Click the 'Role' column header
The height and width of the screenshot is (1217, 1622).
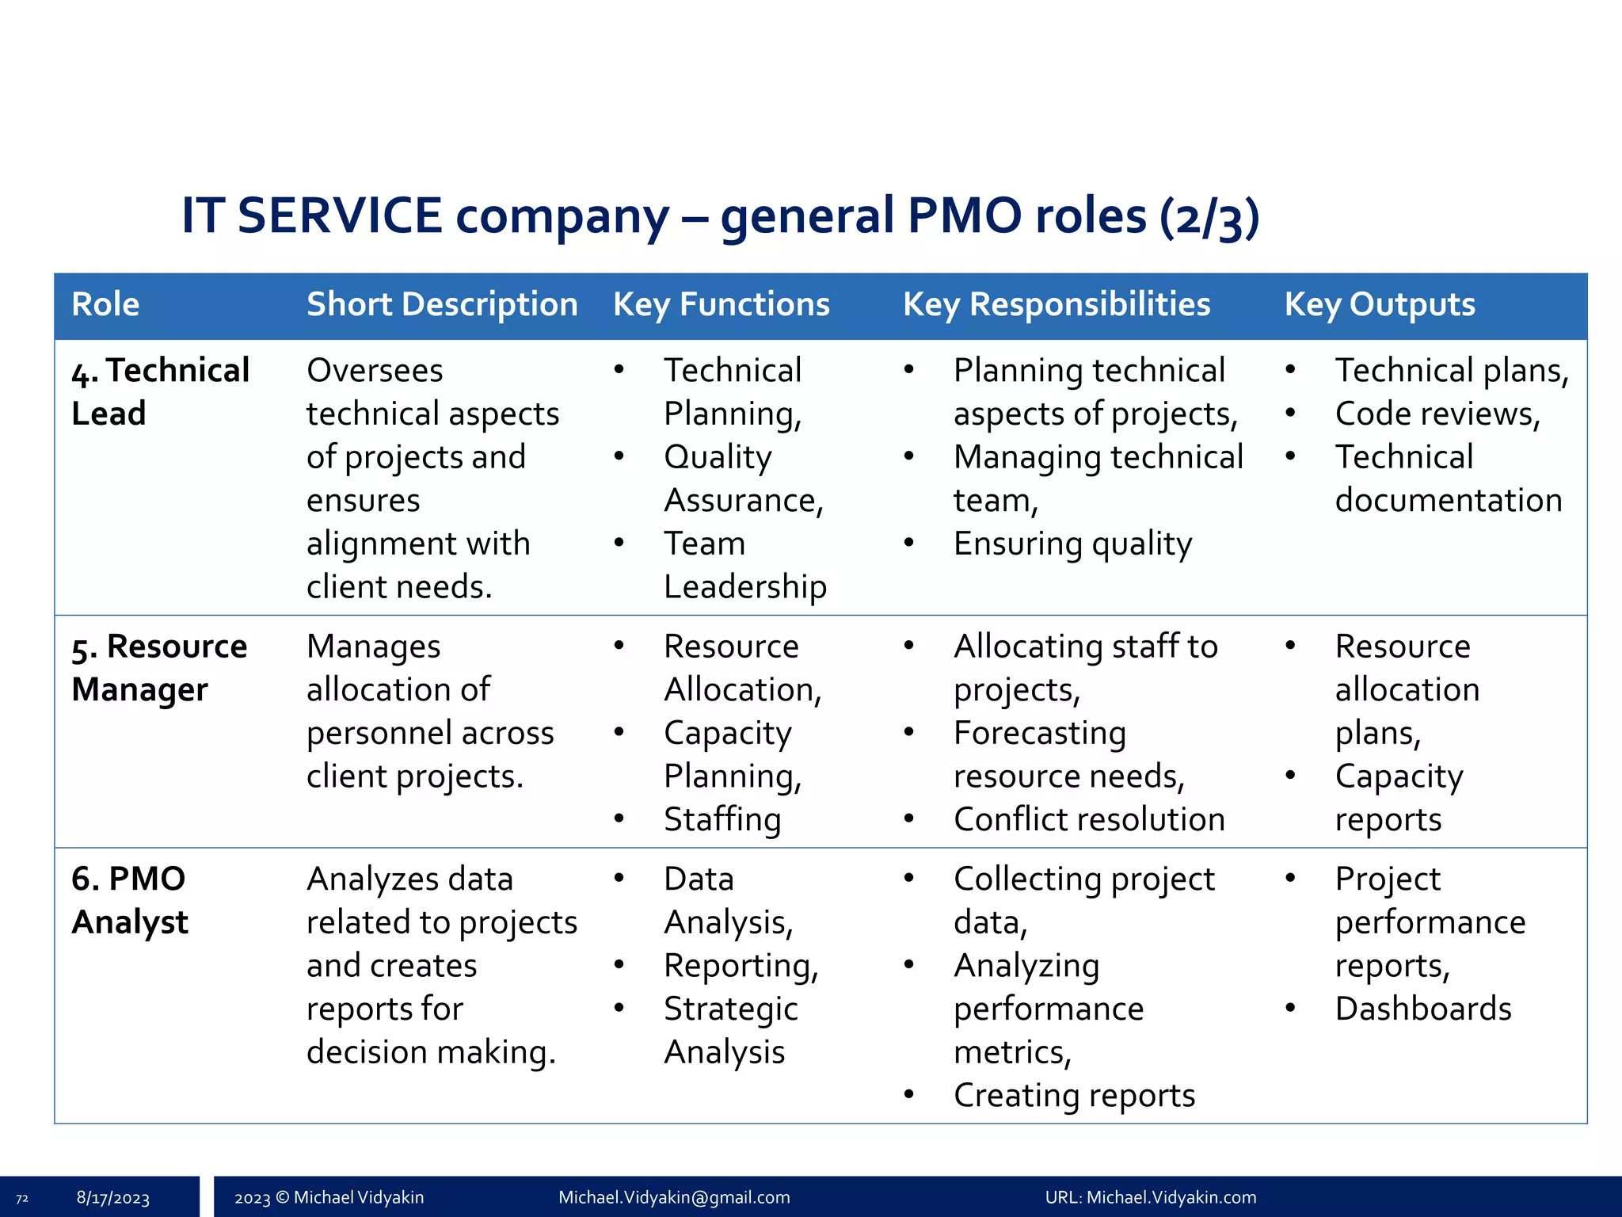[x=105, y=304]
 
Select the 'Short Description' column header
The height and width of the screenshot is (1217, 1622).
[x=442, y=304]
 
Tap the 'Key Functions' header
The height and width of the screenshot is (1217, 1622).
[x=721, y=304]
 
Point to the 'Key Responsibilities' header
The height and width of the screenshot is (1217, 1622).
[x=1057, y=304]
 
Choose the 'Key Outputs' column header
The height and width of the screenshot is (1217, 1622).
[x=1380, y=304]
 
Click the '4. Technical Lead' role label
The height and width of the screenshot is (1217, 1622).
[x=160, y=391]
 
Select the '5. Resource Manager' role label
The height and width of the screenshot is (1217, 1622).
[x=159, y=668]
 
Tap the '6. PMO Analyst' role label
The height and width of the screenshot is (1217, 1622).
[x=130, y=900]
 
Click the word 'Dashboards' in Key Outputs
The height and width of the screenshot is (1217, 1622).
[x=1423, y=1009]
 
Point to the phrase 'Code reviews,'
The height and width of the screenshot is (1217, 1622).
[x=1437, y=414]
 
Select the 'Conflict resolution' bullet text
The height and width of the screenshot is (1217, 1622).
[x=1089, y=819]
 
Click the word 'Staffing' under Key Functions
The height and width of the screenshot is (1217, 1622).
[x=722, y=819]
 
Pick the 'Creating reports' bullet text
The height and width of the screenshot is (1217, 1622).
[x=1074, y=1095]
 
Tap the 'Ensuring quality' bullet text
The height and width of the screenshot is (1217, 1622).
[x=1072, y=544]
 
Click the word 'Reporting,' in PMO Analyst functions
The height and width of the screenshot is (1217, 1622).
[x=741, y=966]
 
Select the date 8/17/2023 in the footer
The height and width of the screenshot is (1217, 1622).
[x=113, y=1197]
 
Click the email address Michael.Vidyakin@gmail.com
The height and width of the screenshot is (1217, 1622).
[x=674, y=1197]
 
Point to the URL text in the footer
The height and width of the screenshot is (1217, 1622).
[x=1150, y=1197]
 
